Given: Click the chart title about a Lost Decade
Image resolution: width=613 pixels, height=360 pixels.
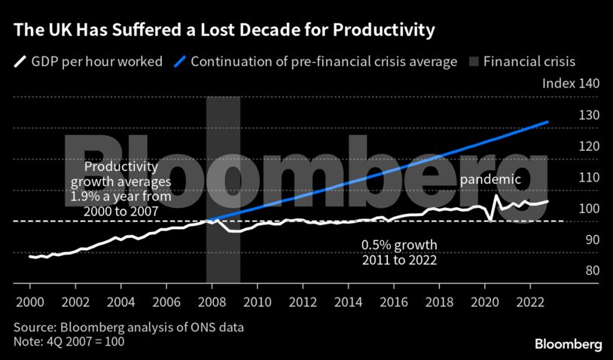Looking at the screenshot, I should coord(224,31).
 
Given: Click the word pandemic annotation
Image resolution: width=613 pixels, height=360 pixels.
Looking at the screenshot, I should coord(490,179).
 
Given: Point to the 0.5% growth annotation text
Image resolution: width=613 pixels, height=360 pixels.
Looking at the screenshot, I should coord(399,246).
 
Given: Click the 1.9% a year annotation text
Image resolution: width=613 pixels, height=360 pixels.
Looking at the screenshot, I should coord(120,197).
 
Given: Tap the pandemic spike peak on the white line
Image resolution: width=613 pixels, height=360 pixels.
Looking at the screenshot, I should coord(496,197).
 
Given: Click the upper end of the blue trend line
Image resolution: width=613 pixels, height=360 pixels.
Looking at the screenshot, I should coord(547,121).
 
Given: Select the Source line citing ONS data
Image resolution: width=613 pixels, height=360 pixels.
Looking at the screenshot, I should coord(128,328).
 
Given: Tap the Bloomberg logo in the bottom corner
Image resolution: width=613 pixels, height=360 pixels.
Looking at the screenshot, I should coord(568,344).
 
